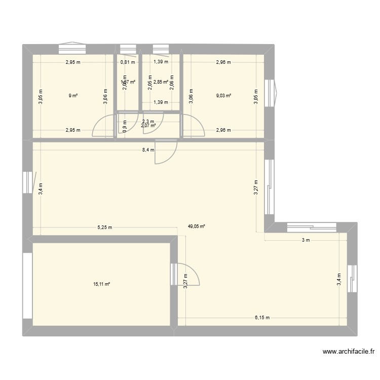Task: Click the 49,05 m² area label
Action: [x=197, y=227]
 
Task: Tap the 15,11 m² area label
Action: [x=101, y=284]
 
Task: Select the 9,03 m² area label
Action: [x=223, y=95]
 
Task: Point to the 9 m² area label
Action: [x=73, y=95]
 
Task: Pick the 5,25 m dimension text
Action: [x=104, y=227]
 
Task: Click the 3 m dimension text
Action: [x=306, y=240]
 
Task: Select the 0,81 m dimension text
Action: [x=127, y=63]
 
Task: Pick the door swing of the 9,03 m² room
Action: [x=194, y=125]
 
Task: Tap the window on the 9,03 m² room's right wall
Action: [x=272, y=93]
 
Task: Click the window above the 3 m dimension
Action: [x=310, y=226]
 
